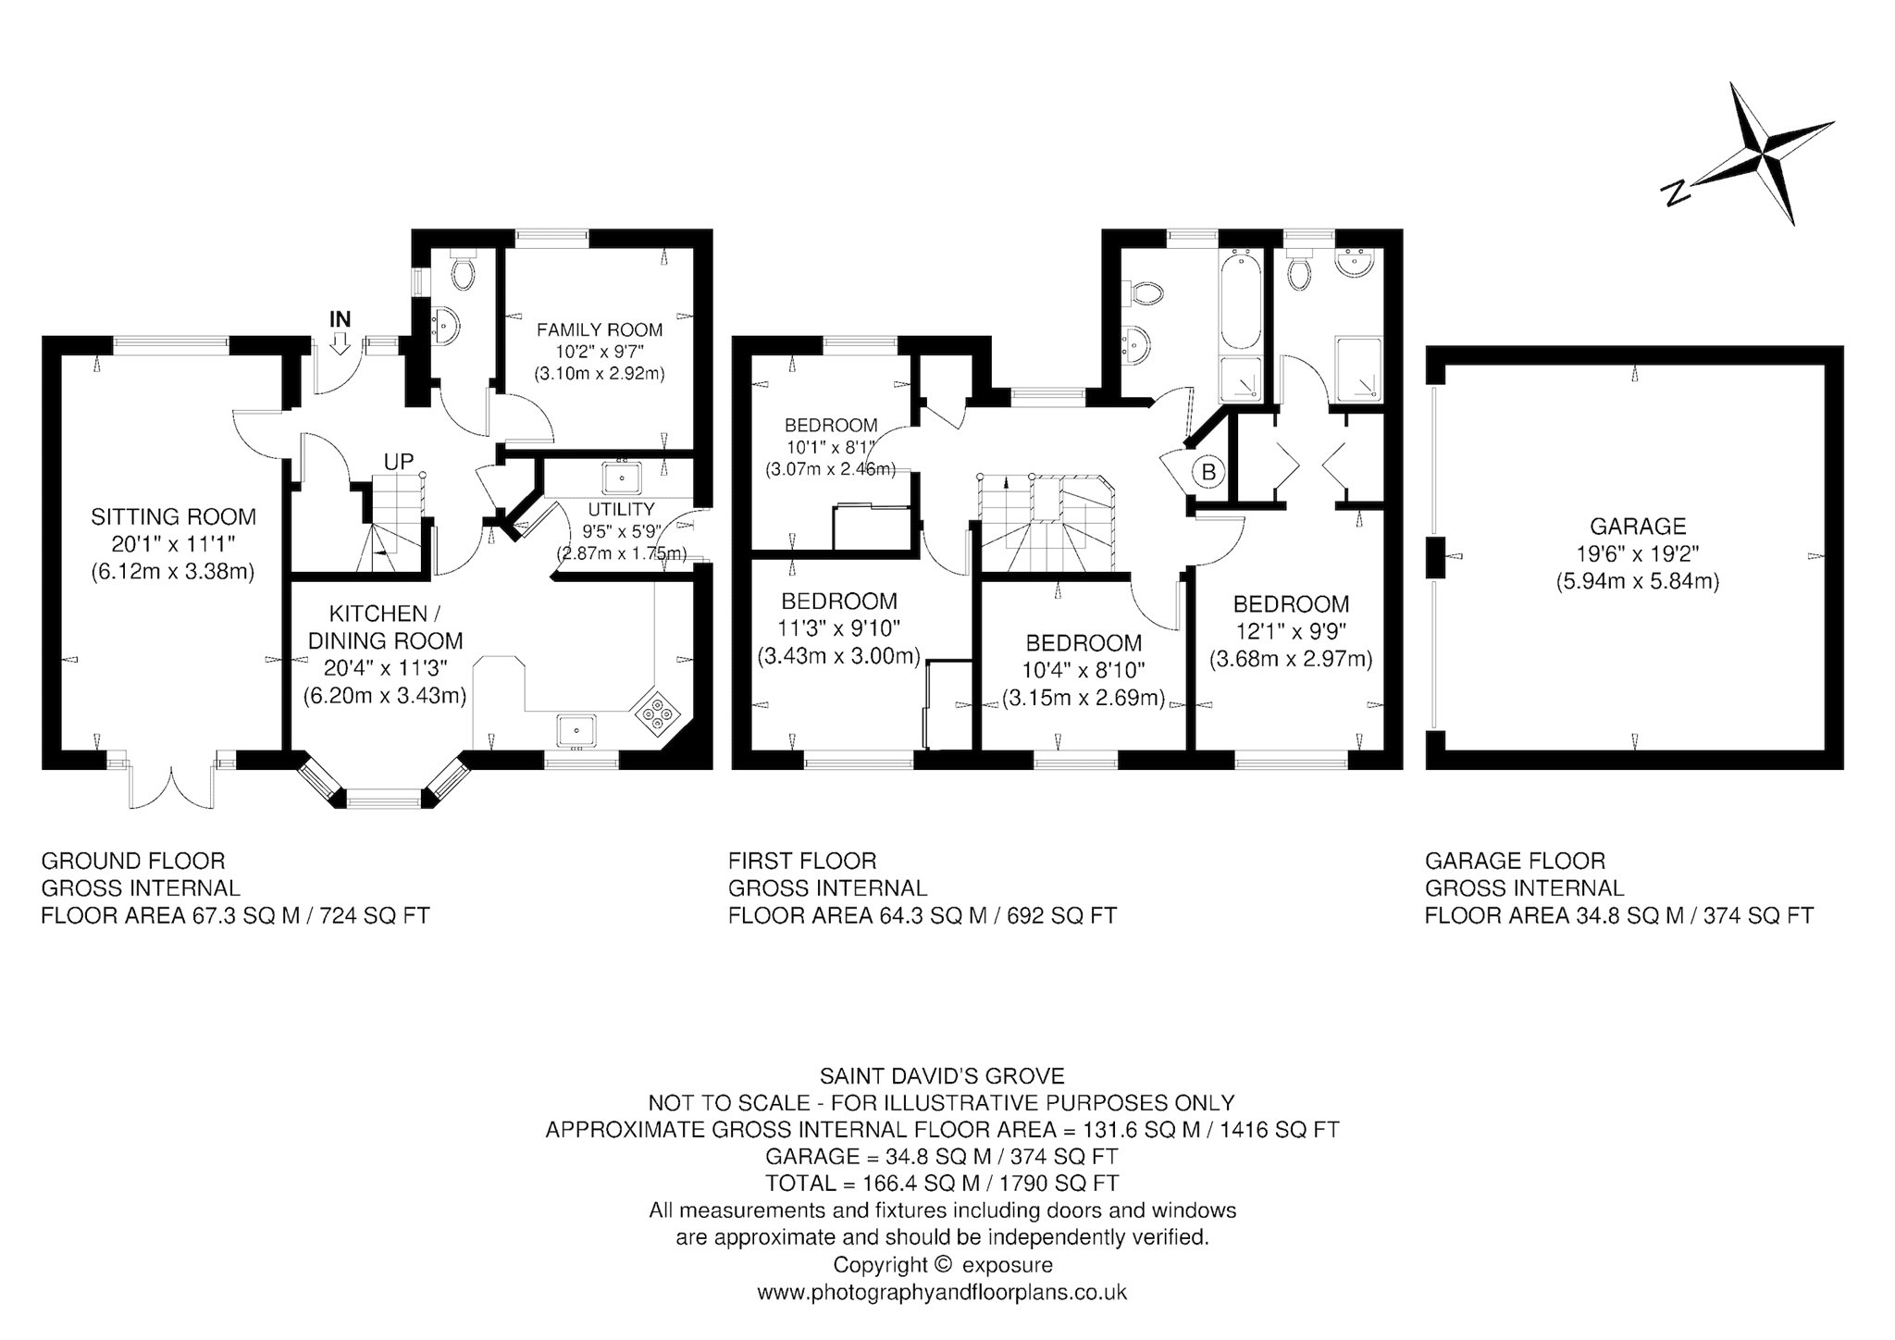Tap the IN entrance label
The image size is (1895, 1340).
(x=341, y=320)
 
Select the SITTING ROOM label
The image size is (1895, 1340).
(x=173, y=516)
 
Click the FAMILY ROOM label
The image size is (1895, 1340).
(x=600, y=329)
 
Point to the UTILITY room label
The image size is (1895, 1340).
(x=621, y=509)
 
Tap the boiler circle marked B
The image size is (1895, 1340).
(x=1208, y=472)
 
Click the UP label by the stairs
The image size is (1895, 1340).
(x=399, y=461)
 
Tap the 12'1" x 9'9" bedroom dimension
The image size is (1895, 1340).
(x=1291, y=632)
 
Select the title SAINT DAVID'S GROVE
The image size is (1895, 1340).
(x=942, y=1076)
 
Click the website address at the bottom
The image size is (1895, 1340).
(x=942, y=1292)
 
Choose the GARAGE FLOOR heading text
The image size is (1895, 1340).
(x=1515, y=861)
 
